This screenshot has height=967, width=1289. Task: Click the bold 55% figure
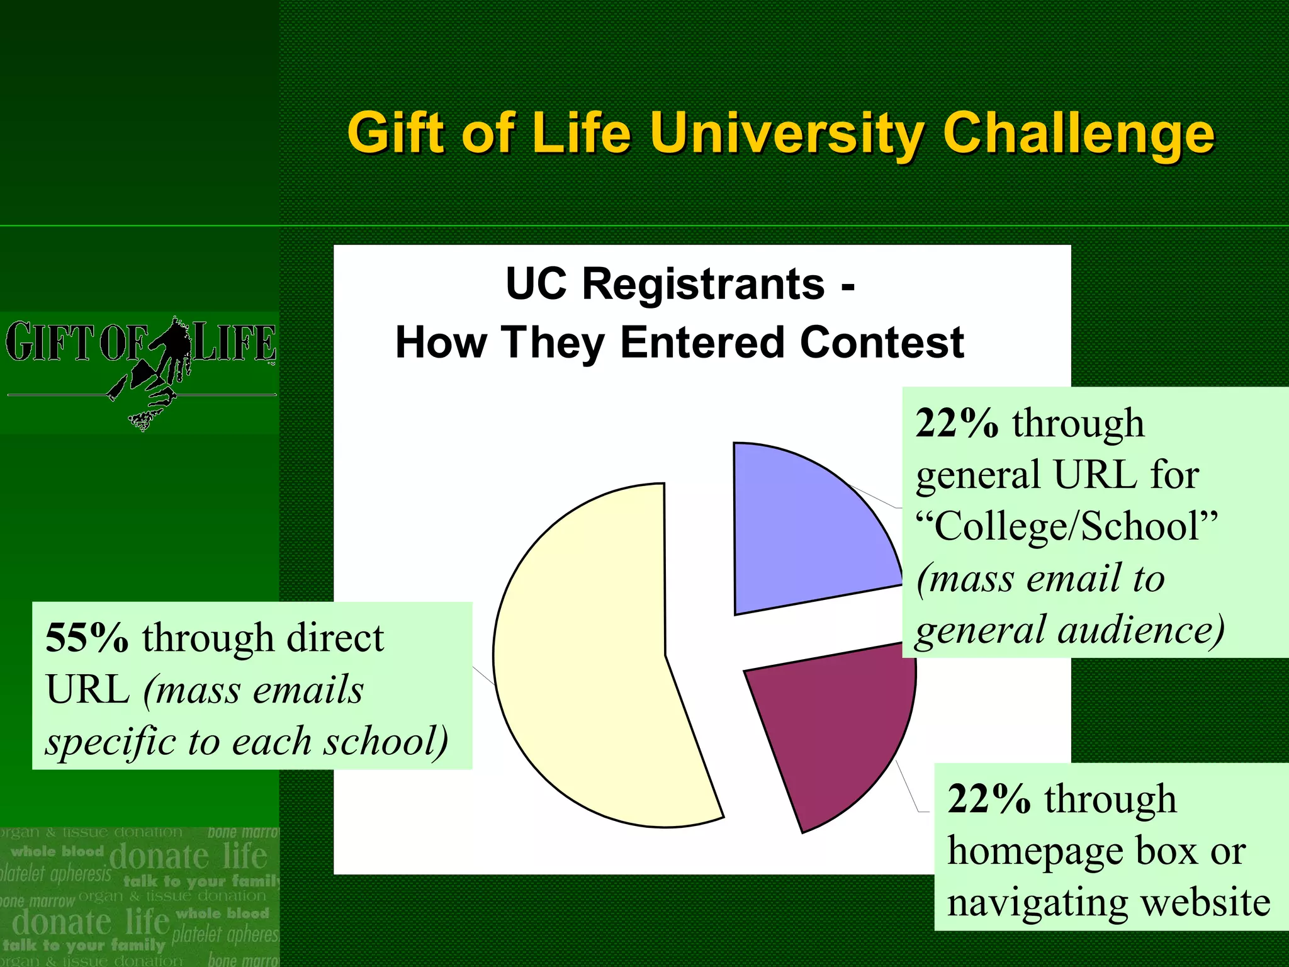[87, 637]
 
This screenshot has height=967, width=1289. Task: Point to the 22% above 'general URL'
[957, 422]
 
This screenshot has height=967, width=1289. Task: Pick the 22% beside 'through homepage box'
[989, 799]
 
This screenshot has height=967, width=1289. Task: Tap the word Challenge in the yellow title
[1078, 133]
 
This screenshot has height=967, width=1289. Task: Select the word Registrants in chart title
[703, 284]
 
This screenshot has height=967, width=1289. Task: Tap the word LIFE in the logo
[234, 342]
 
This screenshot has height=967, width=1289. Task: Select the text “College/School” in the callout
[1067, 526]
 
